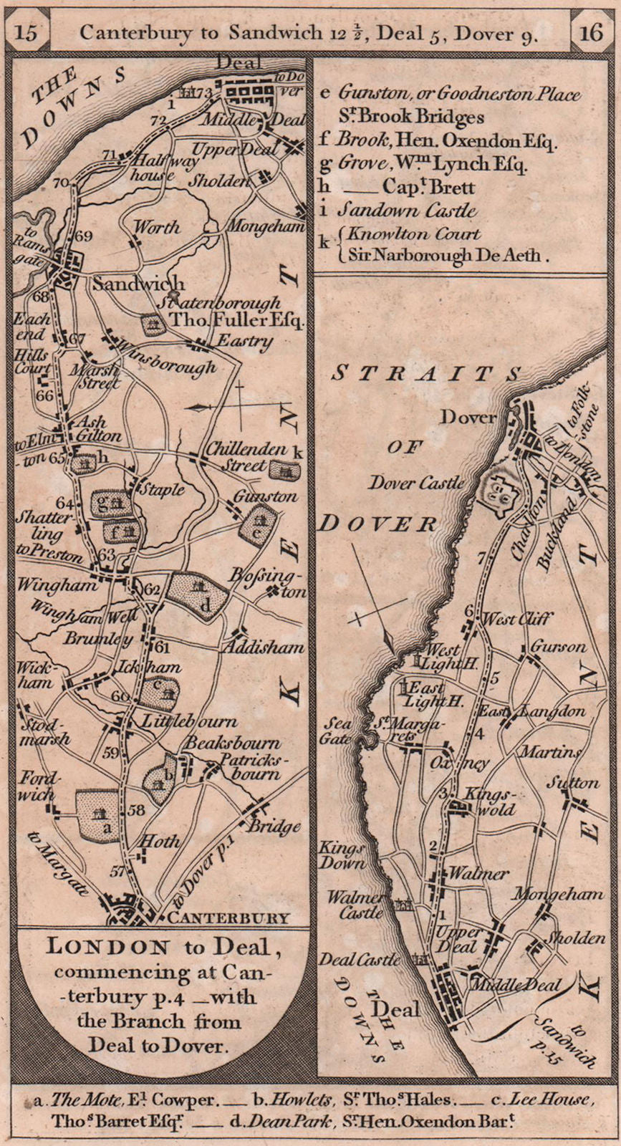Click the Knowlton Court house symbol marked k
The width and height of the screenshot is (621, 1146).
[x=286, y=470]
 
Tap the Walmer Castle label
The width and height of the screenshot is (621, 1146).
[x=356, y=905]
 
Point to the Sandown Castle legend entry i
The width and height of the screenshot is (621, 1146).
[x=407, y=211]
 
